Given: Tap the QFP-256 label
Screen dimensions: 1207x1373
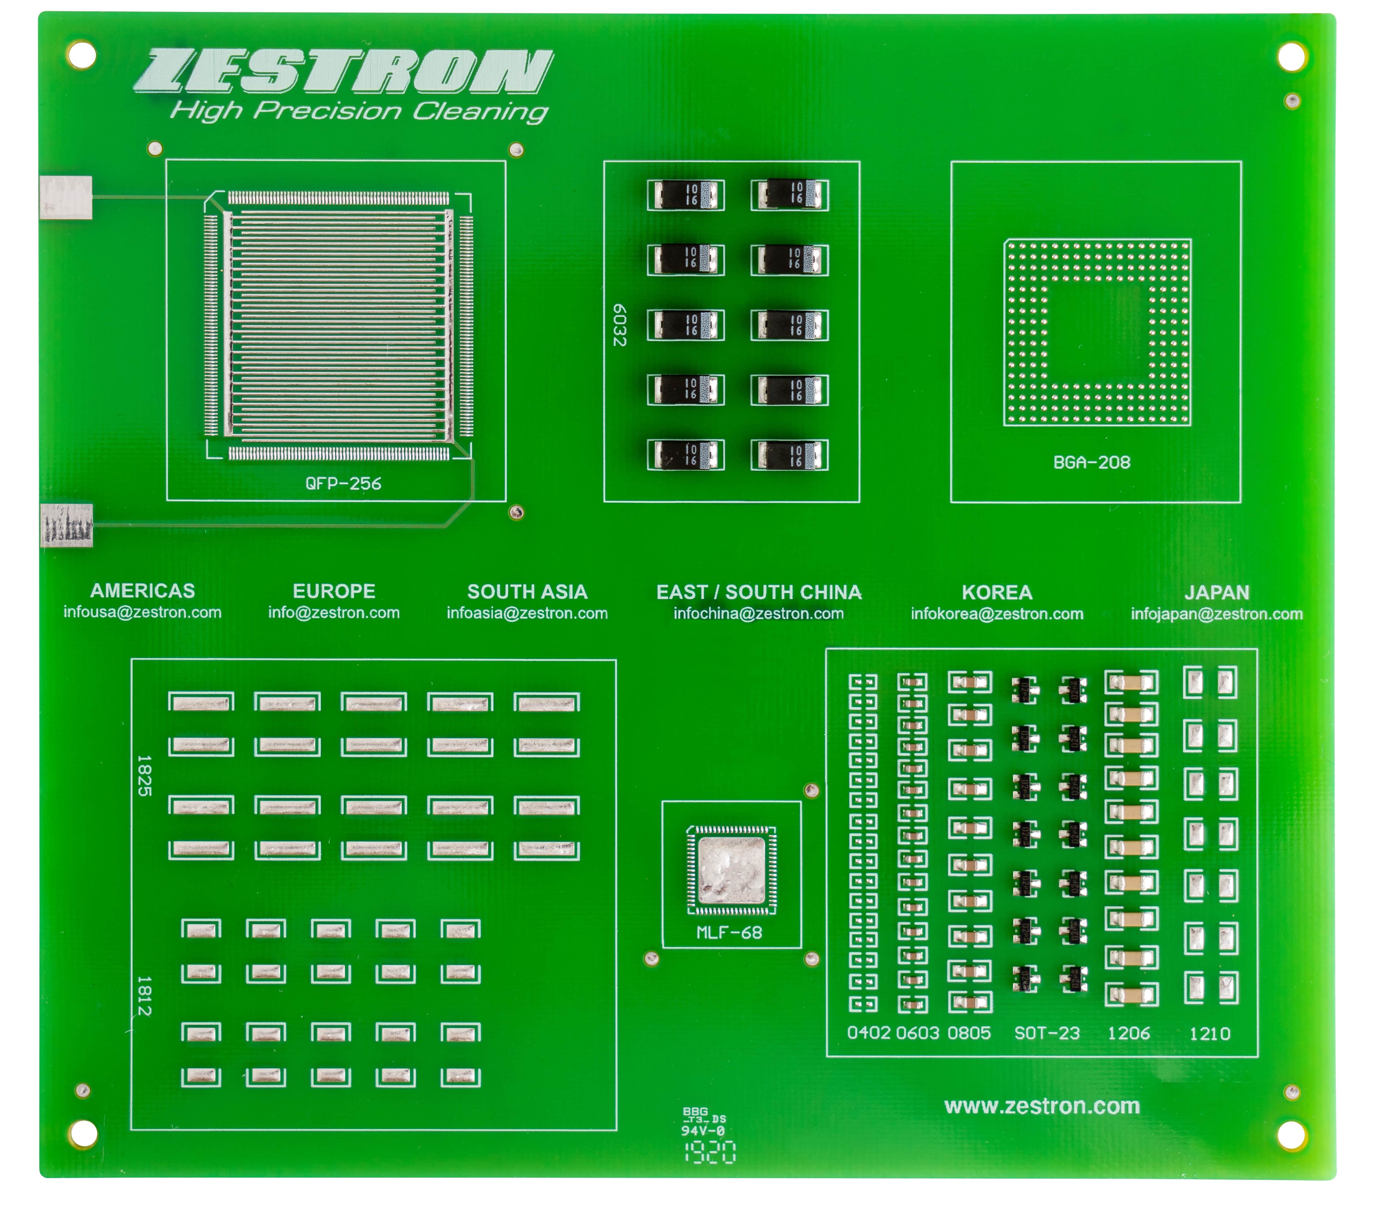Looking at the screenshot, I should [343, 484].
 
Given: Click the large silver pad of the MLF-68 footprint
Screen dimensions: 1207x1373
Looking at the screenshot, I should [732, 870].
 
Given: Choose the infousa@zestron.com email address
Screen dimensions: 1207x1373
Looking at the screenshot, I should [142, 612].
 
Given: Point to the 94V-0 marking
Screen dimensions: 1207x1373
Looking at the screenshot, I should [703, 1131].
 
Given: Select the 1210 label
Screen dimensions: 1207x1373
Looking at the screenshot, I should [1210, 1034].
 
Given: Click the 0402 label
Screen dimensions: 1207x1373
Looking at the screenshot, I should [869, 1032].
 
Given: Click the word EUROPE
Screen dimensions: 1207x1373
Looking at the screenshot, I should [334, 591].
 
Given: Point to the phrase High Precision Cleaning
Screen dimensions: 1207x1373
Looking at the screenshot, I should [359, 111].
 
